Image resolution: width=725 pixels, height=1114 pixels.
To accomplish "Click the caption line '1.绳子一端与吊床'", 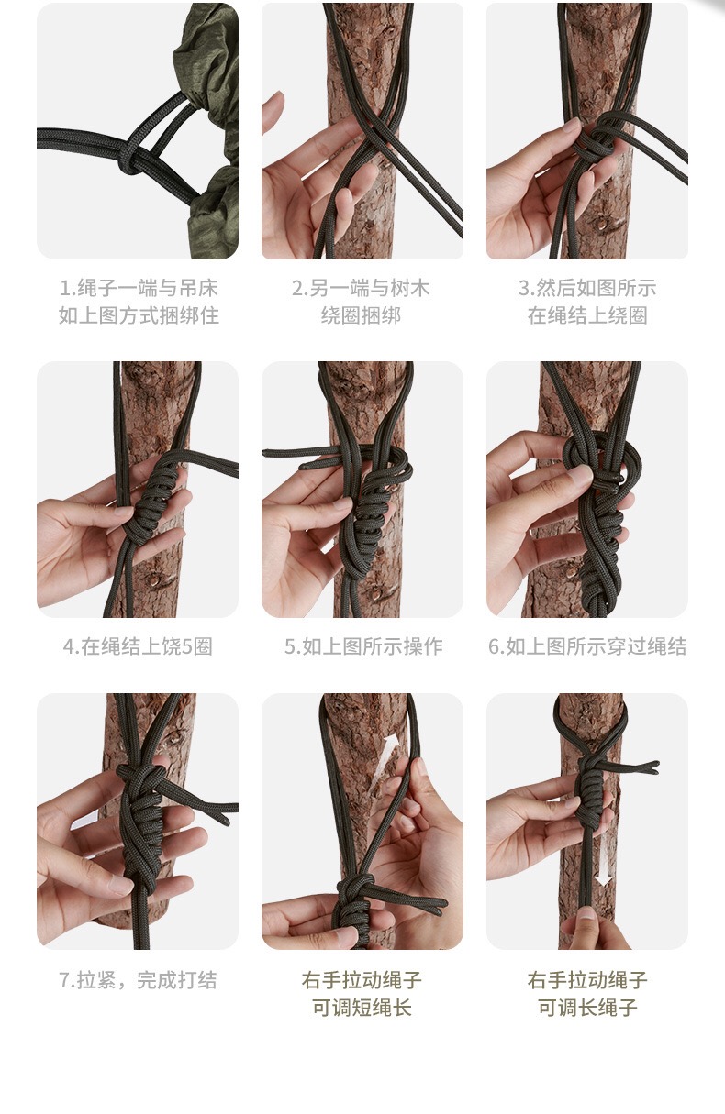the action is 139,289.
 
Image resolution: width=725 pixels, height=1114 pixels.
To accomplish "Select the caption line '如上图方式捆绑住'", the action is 139,315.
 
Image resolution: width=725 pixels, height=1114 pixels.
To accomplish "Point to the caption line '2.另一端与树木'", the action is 361,289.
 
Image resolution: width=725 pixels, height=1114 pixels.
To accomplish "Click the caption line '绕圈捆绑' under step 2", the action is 361,315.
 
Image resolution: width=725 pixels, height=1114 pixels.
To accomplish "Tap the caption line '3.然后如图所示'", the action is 587,289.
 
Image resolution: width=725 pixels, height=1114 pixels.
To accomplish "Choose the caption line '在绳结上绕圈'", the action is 587,315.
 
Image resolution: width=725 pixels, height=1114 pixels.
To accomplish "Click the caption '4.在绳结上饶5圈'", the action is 138,646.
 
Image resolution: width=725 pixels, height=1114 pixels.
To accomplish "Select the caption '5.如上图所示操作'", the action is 363,646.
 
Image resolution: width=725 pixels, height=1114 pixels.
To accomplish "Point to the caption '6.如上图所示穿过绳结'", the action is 587,646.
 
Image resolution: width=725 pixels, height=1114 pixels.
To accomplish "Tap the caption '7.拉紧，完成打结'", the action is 138,980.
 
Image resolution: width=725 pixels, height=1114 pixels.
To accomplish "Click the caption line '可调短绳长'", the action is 362,1008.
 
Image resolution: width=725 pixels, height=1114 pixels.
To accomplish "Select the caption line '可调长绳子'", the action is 587,1008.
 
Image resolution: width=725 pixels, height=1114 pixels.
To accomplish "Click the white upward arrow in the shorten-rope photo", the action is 385,760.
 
